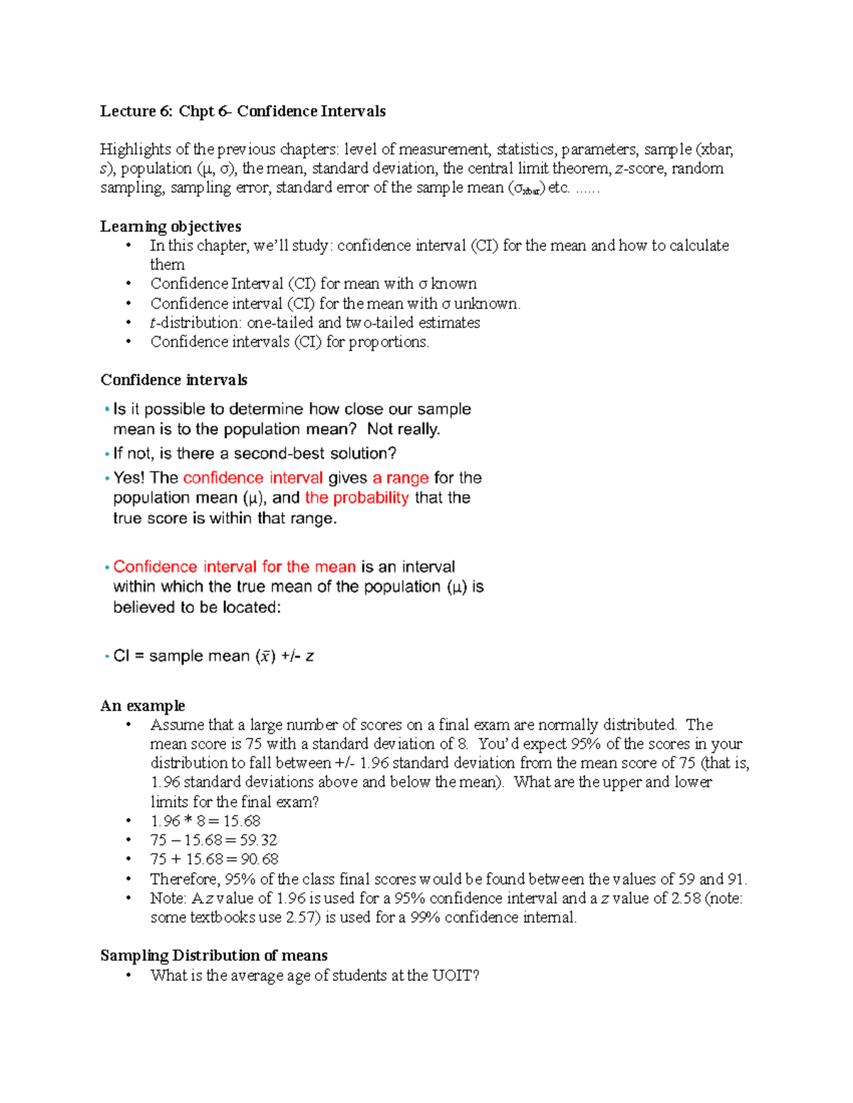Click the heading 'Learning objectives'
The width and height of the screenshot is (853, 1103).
(x=171, y=227)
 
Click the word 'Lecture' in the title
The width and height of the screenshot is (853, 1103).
(x=127, y=112)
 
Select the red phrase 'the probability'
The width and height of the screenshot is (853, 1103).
(x=357, y=498)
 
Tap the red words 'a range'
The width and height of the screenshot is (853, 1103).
(x=400, y=478)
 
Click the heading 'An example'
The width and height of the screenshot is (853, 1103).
(x=143, y=706)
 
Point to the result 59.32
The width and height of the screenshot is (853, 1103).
(x=258, y=840)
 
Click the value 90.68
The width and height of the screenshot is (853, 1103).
(x=259, y=859)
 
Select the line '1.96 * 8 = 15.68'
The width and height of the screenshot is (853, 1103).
(x=205, y=821)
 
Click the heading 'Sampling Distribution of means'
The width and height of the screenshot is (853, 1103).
(x=214, y=956)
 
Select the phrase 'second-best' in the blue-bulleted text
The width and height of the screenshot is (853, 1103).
(x=274, y=454)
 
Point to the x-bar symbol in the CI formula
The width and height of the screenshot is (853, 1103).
(x=265, y=657)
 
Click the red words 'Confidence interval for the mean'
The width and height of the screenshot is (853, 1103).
(x=235, y=567)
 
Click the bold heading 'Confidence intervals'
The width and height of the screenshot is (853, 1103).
(x=174, y=380)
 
